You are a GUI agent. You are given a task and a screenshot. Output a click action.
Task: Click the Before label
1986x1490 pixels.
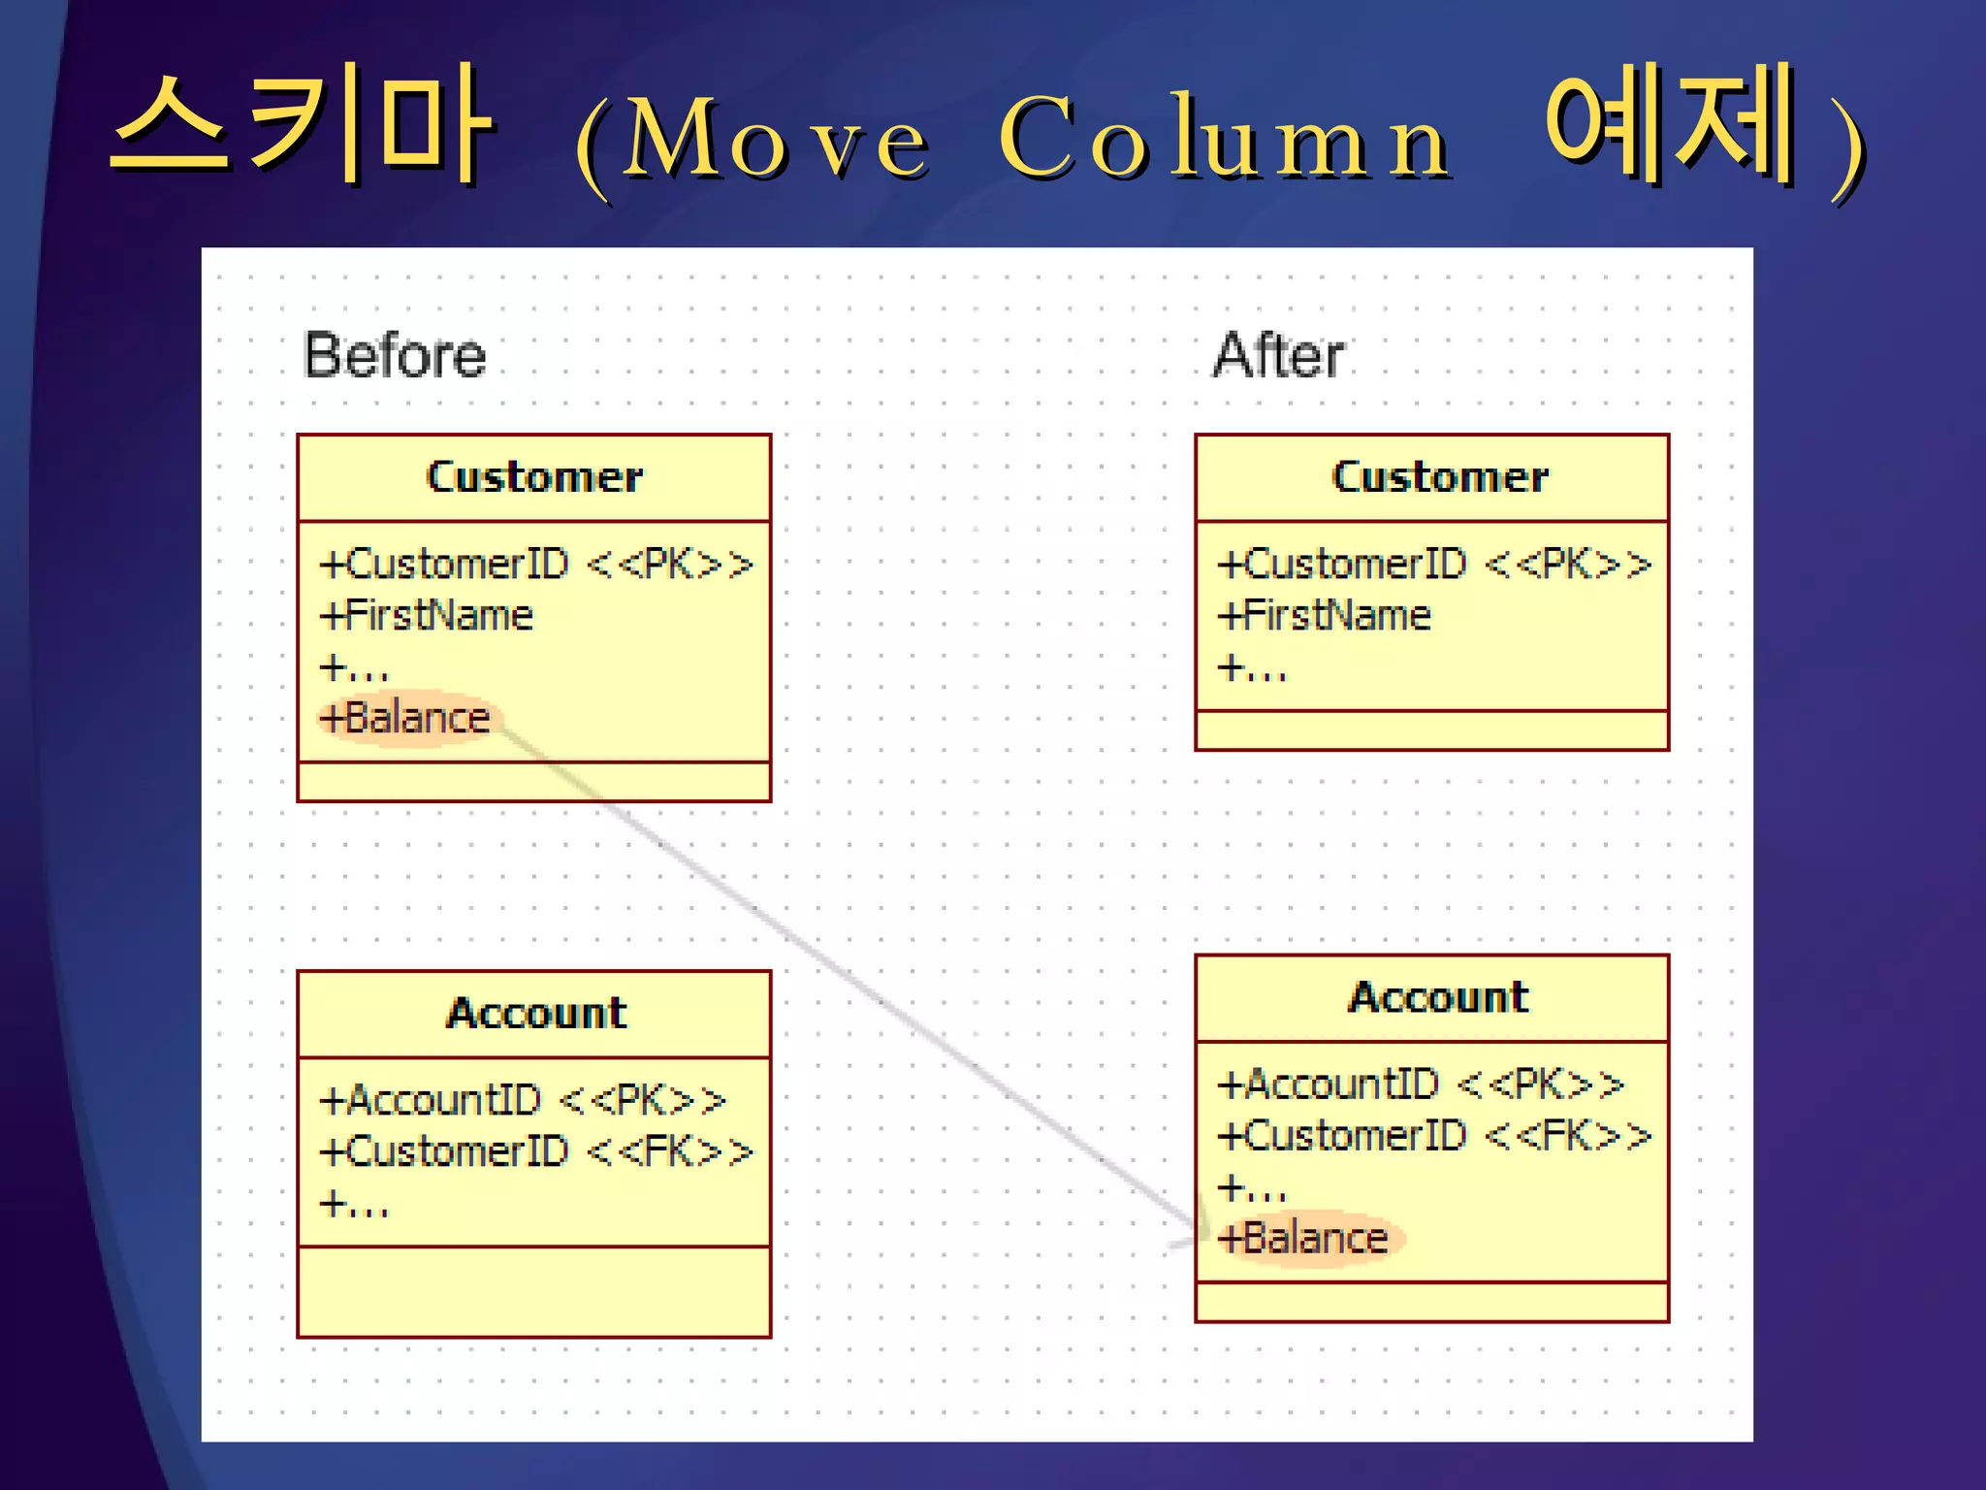[x=395, y=355]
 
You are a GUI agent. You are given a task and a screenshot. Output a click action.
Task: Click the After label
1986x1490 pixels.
[x=1278, y=355]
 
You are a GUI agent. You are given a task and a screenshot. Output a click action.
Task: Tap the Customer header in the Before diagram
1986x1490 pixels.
[x=534, y=477]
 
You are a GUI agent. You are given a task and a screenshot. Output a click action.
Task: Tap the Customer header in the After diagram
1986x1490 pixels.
[x=1440, y=477]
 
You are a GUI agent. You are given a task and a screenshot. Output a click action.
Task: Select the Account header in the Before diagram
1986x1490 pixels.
[x=535, y=1014]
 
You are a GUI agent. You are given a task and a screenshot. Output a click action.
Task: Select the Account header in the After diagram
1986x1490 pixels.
[x=1438, y=998]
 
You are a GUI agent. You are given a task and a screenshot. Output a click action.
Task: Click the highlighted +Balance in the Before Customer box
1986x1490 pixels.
[x=405, y=719]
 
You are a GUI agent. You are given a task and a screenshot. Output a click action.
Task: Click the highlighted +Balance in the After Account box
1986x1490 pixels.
[x=1304, y=1239]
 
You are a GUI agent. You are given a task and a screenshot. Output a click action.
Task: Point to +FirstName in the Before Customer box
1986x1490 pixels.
[x=427, y=616]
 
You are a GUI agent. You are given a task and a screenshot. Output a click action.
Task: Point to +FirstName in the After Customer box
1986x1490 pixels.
[x=1325, y=616]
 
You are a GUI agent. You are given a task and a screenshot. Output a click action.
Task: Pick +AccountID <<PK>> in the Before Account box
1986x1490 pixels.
[x=523, y=1101]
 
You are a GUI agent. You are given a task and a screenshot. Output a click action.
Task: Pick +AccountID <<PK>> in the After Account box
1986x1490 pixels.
[x=1421, y=1085]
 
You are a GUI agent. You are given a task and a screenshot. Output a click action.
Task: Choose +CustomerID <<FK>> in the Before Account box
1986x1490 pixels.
[x=536, y=1152]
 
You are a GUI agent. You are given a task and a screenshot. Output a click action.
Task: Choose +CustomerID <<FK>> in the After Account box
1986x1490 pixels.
[x=1434, y=1136]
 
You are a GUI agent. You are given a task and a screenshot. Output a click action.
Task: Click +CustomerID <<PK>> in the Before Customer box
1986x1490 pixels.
[x=536, y=565]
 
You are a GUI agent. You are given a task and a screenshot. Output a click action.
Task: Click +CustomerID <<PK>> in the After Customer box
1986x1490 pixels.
[x=1434, y=565]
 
